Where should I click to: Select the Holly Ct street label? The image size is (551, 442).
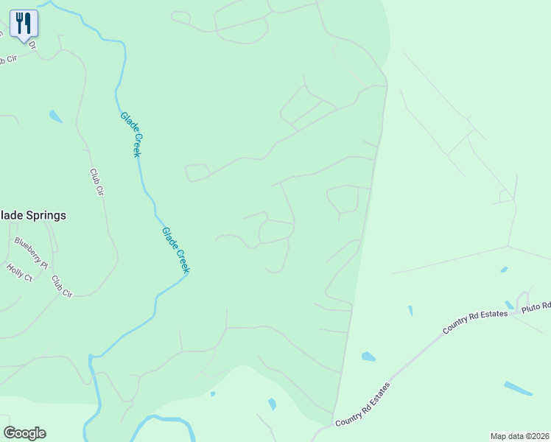(19, 273)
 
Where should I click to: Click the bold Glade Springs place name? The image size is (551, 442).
(32, 216)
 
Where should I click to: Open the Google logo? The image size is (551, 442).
(24, 433)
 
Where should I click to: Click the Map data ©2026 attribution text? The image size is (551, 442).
(519, 435)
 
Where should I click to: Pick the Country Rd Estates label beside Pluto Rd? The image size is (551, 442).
(476, 323)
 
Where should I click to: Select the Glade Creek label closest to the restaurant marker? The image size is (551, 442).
(130, 134)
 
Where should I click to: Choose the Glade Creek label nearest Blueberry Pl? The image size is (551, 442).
(175, 250)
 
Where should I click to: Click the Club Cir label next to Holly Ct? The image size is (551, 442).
(61, 287)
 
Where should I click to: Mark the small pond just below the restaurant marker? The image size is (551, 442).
(55, 116)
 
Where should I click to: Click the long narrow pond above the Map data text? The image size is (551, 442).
(518, 387)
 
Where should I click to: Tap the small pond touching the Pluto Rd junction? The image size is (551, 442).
(509, 304)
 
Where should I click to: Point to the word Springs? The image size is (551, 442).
(46, 216)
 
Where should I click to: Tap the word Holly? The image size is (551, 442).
(15, 270)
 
